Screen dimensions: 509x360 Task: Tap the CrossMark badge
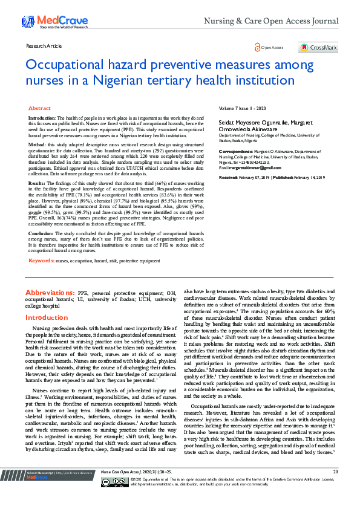tap(318, 47)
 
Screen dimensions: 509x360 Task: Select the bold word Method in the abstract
tap(37, 146)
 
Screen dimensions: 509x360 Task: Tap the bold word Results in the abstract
tap(37, 183)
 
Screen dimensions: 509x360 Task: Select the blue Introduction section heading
tap(47, 317)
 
